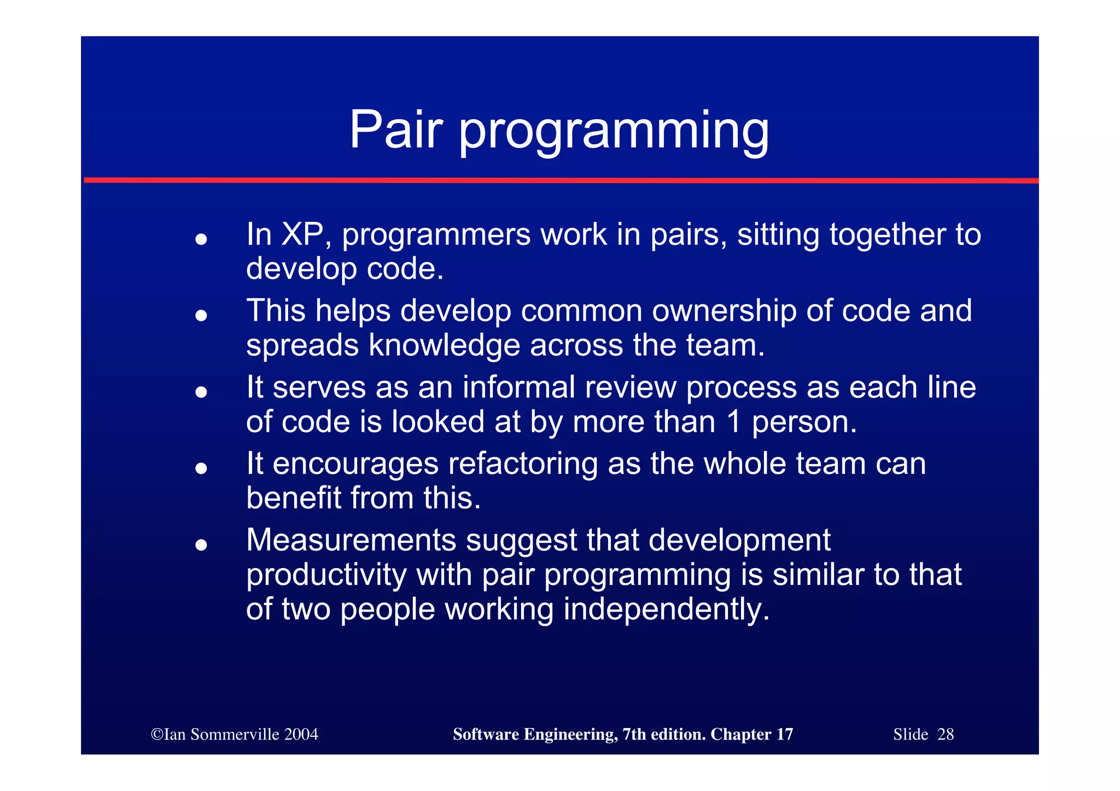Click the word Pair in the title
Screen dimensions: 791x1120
[395, 130]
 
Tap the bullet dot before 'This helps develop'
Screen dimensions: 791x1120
[201, 315]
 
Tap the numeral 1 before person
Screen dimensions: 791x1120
[734, 422]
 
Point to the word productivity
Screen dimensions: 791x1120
[326, 575]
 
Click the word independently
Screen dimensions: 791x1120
[666, 610]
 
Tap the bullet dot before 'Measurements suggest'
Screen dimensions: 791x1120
[201, 544]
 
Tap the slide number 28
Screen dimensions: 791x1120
[946, 734]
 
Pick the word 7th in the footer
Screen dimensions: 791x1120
[633, 734]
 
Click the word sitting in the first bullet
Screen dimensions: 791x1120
[778, 235]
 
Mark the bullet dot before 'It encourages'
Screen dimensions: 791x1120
[201, 468]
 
